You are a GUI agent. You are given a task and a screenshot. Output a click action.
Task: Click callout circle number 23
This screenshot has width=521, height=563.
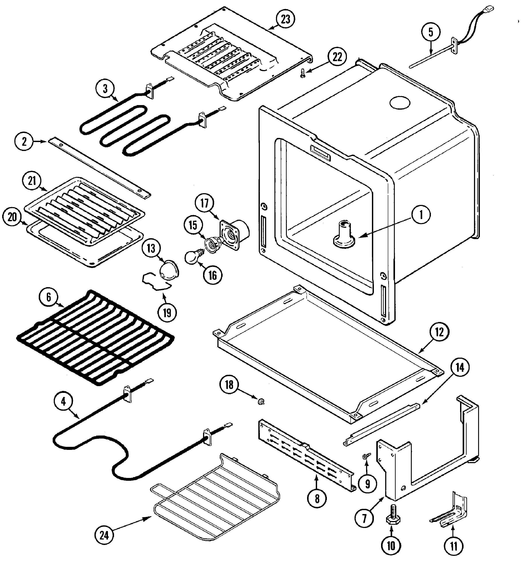tap(285, 19)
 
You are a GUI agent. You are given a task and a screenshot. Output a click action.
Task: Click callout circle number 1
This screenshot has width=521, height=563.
tap(421, 215)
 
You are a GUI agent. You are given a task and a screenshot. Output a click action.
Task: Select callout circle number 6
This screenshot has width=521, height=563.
tap(49, 297)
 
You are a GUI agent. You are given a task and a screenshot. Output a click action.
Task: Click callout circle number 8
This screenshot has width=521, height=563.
tap(317, 498)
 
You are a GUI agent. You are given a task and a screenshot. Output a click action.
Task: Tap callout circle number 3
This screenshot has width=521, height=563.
tap(105, 89)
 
